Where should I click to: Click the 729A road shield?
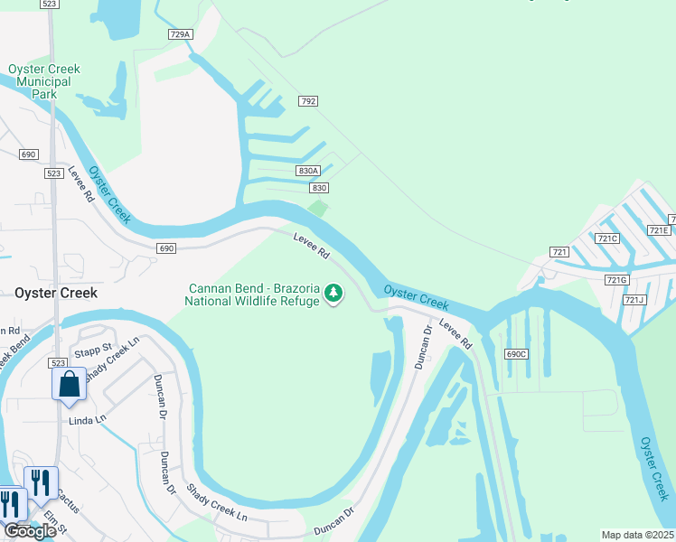[181, 34]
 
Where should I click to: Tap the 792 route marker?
[308, 102]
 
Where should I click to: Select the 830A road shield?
[308, 171]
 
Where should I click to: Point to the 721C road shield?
[607, 238]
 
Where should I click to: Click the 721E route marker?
[659, 230]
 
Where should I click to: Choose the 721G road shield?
[616, 280]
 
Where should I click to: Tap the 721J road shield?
[634, 300]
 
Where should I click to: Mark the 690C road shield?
[516, 354]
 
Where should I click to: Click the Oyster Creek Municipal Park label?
[43, 81]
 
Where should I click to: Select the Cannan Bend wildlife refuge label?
[253, 294]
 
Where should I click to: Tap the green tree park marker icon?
[334, 293]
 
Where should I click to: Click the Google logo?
[30, 531]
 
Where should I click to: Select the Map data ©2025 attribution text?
[637, 535]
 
